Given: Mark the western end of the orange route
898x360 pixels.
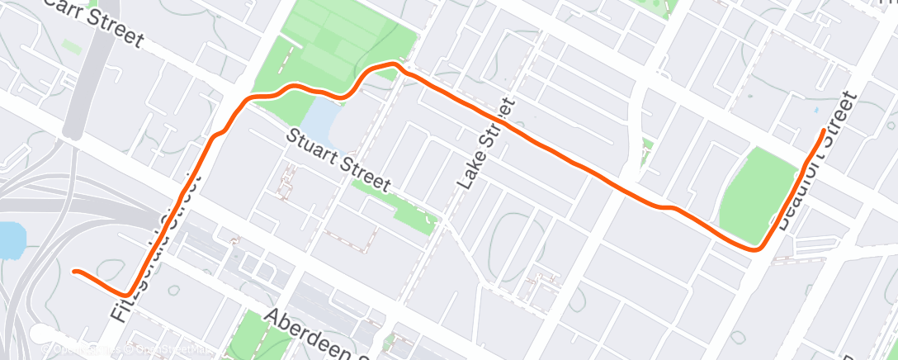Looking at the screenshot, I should (x=75, y=271).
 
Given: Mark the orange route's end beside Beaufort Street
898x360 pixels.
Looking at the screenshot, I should (x=823, y=131).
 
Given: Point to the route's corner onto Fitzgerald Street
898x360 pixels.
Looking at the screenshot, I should (x=125, y=293).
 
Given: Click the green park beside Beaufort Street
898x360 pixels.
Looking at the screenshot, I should (x=754, y=191).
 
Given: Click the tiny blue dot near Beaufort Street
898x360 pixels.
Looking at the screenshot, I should (x=815, y=109).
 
